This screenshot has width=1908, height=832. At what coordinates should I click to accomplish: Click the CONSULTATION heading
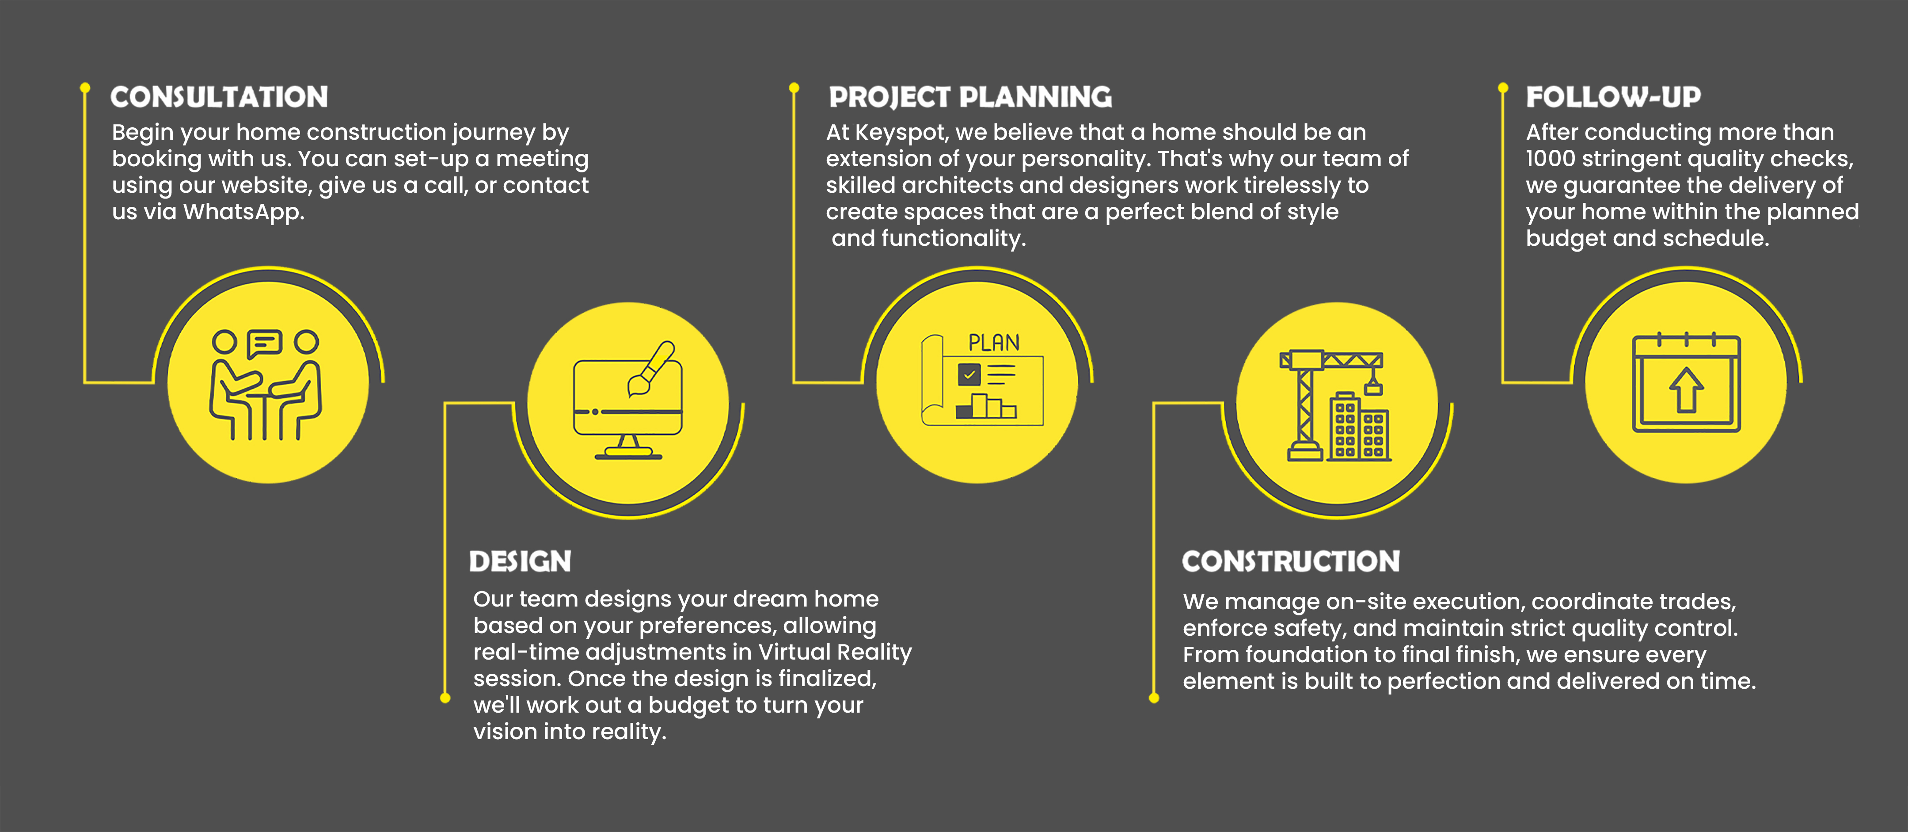219,97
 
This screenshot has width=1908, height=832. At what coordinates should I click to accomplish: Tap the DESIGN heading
520,561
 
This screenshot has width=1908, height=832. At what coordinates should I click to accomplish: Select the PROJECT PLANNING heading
970,97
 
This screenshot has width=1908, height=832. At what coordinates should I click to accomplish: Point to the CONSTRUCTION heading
1291,561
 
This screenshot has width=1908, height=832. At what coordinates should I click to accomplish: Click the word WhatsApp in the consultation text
243,213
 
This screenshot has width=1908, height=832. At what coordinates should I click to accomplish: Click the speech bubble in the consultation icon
264,343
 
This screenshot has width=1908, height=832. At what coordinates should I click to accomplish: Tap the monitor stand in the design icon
628,447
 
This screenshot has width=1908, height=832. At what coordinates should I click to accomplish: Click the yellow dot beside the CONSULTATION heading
85,88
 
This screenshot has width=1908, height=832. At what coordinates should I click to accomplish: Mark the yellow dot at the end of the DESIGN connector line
445,698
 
